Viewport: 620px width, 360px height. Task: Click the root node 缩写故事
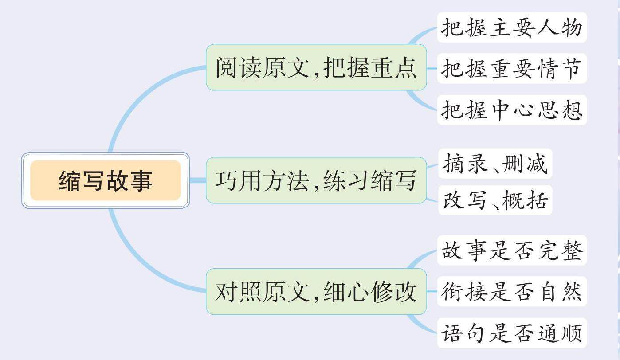point(106,180)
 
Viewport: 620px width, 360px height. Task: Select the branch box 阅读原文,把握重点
point(316,68)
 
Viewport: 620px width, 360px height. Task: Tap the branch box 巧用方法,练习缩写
point(316,180)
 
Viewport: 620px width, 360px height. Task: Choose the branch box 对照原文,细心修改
point(316,292)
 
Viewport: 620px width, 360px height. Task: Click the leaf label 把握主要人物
point(512,27)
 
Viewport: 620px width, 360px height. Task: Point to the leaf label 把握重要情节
point(512,69)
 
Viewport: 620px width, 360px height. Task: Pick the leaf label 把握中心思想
point(512,110)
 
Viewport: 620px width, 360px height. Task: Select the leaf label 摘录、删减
point(495,164)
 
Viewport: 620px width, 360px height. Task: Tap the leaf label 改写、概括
point(495,200)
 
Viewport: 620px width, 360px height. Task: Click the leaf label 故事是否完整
point(512,250)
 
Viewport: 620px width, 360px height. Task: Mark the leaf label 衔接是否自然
point(512,292)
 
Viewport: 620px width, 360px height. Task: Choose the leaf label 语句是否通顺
point(512,333)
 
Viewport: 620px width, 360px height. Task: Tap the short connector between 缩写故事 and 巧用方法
point(198,180)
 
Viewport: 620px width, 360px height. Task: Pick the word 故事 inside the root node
point(129,180)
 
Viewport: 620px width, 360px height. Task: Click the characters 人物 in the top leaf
point(561,27)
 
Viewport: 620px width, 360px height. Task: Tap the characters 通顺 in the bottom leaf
point(561,333)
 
